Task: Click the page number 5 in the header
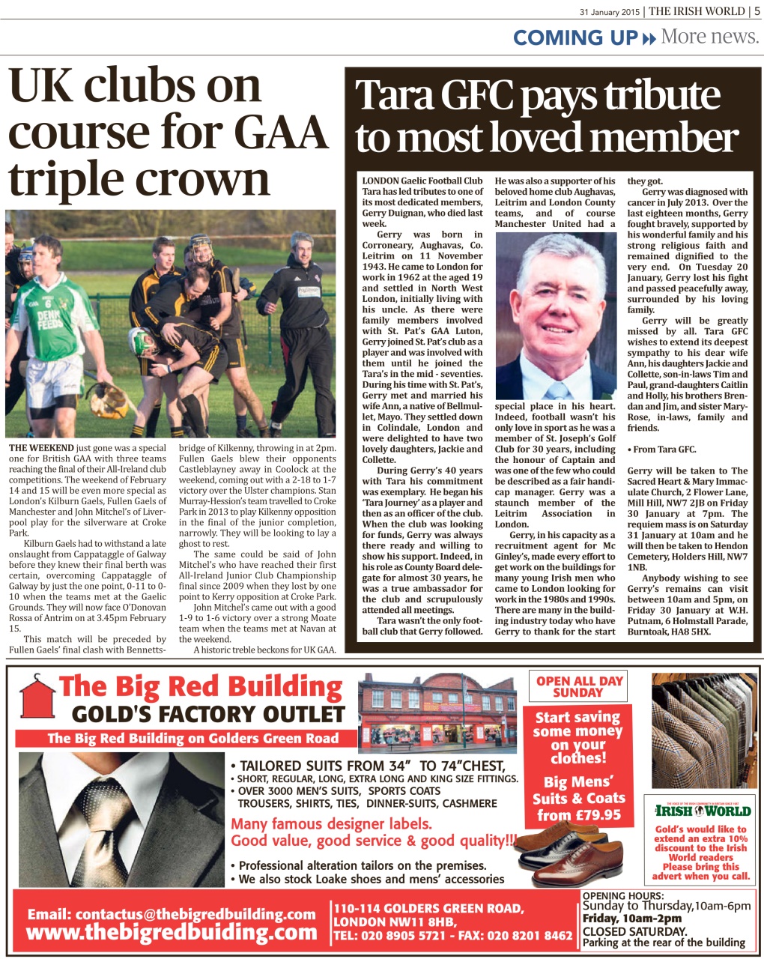click(x=757, y=11)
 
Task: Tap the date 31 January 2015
click(x=609, y=12)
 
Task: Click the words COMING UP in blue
click(x=574, y=37)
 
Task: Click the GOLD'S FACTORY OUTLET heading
click(x=207, y=714)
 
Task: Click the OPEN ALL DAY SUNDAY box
click(x=578, y=687)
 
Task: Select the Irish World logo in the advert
click(x=702, y=811)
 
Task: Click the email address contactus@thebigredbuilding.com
click(x=172, y=914)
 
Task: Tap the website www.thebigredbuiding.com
click(x=172, y=933)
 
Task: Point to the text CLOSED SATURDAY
click(x=634, y=931)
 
